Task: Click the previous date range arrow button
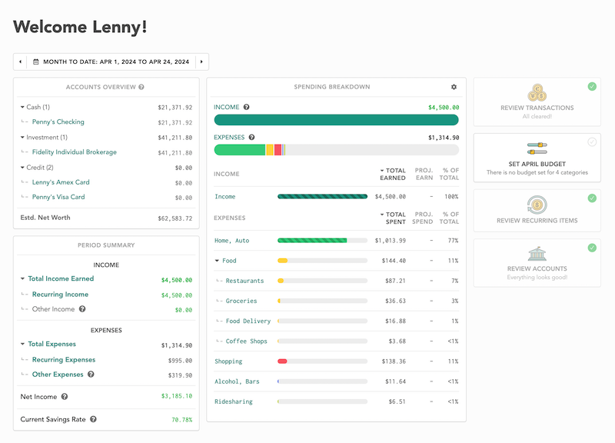tap(21, 62)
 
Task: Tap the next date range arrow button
tap(201, 62)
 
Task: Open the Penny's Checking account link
tap(58, 122)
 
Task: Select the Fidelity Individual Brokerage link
tap(75, 152)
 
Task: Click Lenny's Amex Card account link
tap(61, 182)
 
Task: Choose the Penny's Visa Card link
tap(58, 197)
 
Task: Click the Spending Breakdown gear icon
tap(454, 87)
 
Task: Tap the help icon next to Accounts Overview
tap(141, 87)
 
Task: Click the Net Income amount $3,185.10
tap(176, 397)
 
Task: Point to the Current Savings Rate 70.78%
tap(181, 420)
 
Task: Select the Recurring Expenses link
tap(64, 360)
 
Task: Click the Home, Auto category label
tap(232, 241)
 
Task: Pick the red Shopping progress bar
tap(282, 361)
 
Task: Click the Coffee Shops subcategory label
tap(246, 341)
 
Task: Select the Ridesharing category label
tap(234, 401)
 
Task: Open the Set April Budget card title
tap(537, 164)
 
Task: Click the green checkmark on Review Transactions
tap(591, 86)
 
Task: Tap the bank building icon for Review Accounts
tap(537, 254)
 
